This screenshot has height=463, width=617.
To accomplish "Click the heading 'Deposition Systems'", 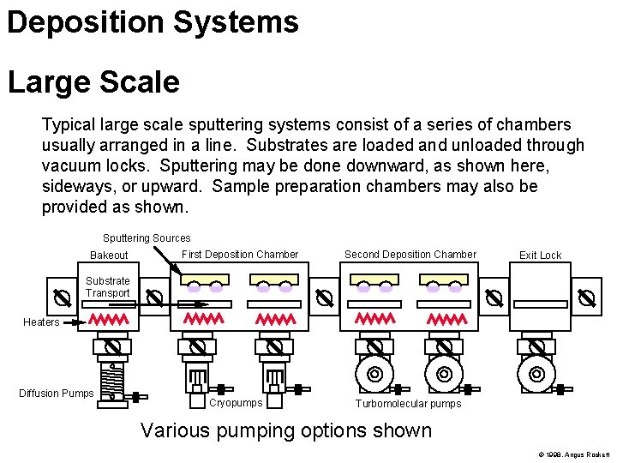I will (153, 22).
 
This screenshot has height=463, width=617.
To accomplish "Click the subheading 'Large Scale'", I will (93, 82).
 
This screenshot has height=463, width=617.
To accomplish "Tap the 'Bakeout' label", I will (109, 256).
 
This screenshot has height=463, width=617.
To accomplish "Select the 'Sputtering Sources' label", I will (147, 238).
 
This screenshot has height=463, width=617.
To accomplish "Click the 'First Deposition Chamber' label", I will (240, 255).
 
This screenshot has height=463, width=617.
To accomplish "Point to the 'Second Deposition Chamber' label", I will (410, 255).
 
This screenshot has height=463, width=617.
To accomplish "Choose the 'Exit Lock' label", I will (540, 256).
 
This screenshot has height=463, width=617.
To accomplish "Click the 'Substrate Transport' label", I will (108, 287).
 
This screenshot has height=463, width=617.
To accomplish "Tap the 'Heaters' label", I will (41, 322).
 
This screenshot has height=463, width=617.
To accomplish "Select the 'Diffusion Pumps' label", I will (57, 394).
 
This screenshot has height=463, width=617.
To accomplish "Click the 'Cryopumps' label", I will (236, 402).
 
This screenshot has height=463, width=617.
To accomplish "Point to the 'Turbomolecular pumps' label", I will (408, 404).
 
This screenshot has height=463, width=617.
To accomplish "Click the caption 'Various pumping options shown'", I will (286, 430).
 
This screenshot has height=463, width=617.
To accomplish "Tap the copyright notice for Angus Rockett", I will (573, 454).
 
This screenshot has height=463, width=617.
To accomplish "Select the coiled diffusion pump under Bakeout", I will (111, 382).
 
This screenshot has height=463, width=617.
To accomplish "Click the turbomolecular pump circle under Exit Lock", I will (536, 375).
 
